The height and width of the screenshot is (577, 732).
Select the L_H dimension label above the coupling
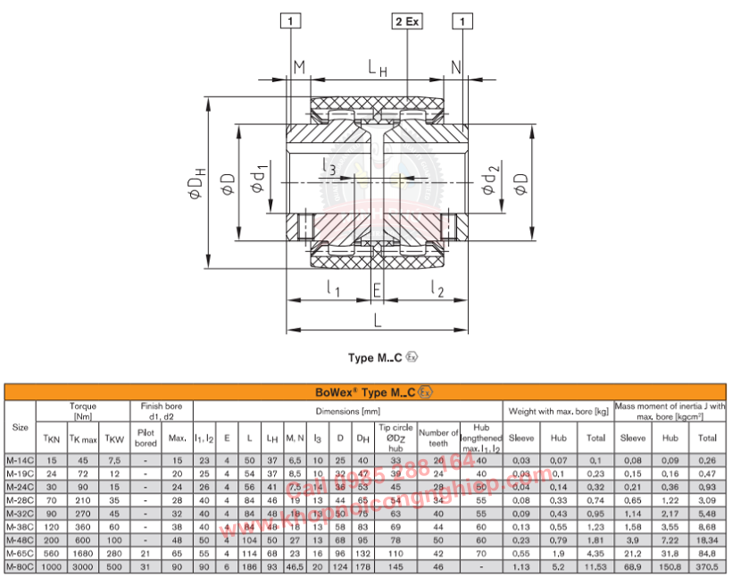coord(378,67)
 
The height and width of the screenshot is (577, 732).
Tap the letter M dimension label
coord(299,67)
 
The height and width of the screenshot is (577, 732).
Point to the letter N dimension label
coord(456,67)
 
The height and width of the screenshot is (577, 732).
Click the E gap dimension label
coord(377,289)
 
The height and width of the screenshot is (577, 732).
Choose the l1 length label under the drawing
coord(332,288)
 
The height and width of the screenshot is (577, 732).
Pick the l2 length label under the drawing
coord(437,288)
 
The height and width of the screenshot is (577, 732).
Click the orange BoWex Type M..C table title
coord(366,391)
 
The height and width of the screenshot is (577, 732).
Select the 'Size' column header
coord(20,426)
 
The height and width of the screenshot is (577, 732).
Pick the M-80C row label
coord(20,568)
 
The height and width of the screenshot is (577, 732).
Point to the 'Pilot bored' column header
coord(146,438)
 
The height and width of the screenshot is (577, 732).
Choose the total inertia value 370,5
coord(707,568)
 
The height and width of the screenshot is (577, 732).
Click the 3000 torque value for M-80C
coord(81,568)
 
